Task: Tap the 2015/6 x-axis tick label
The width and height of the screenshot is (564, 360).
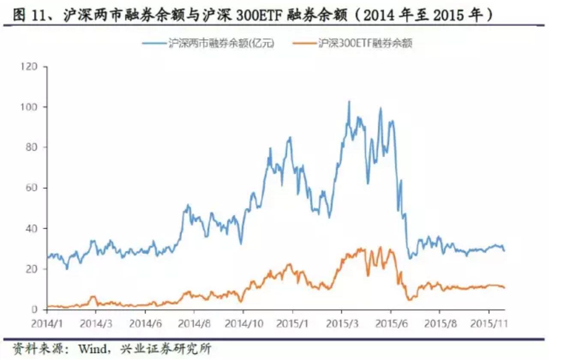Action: pos(390,322)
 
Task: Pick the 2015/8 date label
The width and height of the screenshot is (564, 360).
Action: pos(439,322)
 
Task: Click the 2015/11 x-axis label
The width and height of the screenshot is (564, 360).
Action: pos(489,322)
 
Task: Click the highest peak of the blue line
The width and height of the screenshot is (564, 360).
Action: pos(349,102)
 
